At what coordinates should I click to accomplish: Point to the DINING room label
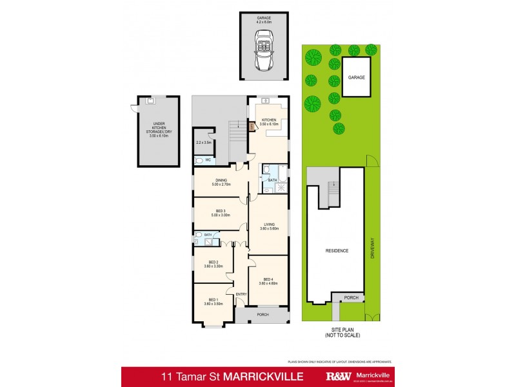coord(221,183)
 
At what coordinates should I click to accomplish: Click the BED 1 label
coord(213,301)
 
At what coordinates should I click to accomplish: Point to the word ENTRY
coord(241,294)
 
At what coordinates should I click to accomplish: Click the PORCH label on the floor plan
coord(263,315)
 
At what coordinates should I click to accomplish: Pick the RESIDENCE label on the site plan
coord(335,250)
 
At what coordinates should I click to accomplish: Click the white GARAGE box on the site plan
coord(357,77)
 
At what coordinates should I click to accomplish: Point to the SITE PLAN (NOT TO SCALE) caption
coord(342,333)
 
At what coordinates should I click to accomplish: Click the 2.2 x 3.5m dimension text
coord(204,141)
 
